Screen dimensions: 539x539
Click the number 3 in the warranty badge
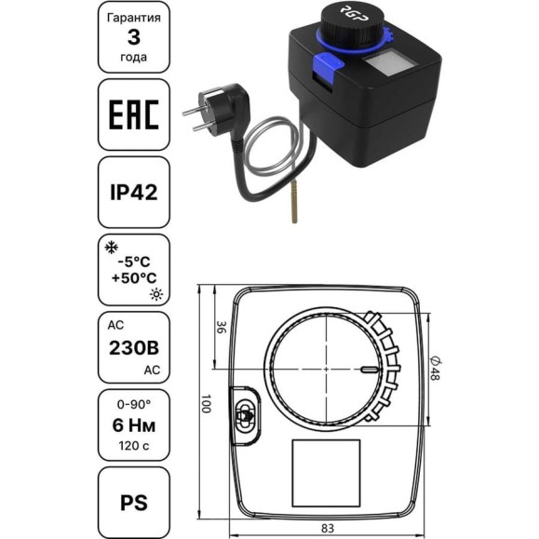[x=134, y=37]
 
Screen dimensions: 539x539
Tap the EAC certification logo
[x=134, y=115]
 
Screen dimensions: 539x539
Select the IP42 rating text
[x=134, y=192]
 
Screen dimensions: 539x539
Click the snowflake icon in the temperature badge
[x=112, y=248]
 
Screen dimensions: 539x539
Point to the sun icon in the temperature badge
[x=156, y=294]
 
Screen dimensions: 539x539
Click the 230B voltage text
[x=134, y=348]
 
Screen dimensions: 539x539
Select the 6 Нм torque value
[x=134, y=425]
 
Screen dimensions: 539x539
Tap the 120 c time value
[x=134, y=446]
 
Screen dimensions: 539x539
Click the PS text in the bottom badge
[x=134, y=503]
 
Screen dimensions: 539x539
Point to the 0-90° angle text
[x=134, y=405]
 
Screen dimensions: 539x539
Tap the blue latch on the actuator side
[x=327, y=66]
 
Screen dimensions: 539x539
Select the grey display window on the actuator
[x=385, y=65]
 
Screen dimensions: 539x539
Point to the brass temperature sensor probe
[x=294, y=202]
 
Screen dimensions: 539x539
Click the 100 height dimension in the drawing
[x=206, y=403]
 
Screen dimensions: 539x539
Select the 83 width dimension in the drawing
[x=327, y=528]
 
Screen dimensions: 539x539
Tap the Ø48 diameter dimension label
[x=435, y=369]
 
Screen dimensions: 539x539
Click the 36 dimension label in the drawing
[x=222, y=328]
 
